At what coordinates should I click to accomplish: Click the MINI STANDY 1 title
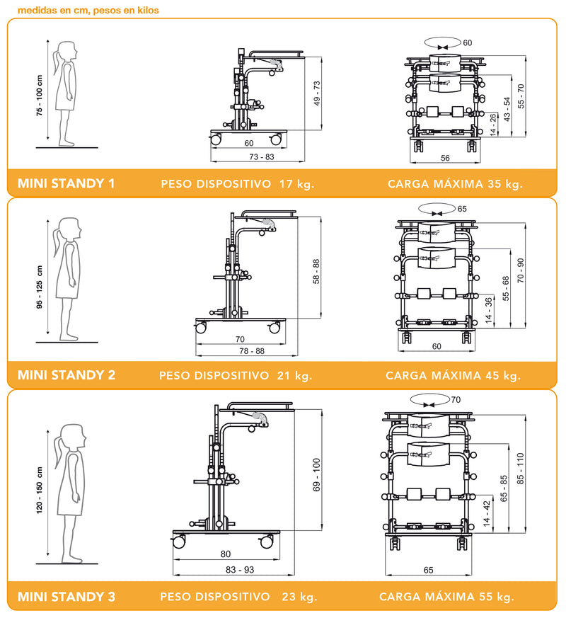(x=66, y=184)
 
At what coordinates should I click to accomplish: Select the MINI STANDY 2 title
(x=66, y=375)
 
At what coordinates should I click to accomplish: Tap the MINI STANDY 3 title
(x=66, y=597)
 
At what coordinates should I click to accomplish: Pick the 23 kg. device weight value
(x=298, y=597)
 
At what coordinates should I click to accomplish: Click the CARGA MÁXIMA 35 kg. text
(x=455, y=185)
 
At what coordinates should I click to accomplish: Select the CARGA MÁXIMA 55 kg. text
(x=446, y=597)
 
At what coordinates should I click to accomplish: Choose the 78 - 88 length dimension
(x=251, y=351)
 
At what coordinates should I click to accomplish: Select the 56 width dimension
(x=446, y=159)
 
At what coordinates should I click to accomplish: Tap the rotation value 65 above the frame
(x=462, y=209)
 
